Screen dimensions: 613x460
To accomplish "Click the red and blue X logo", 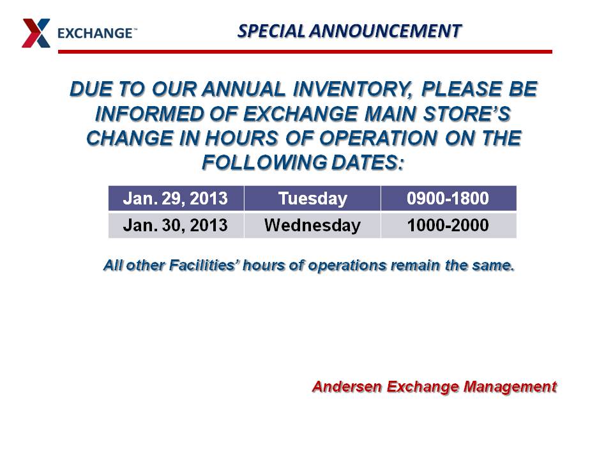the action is (36, 33).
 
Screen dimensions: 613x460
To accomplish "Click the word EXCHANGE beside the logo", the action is (96, 33).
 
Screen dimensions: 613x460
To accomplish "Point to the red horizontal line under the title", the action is (305, 52).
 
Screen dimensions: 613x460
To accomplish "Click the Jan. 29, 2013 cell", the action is (176, 198).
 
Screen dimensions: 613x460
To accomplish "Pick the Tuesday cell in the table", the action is (312, 198).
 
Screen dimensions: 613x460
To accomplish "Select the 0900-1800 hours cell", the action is (448, 198).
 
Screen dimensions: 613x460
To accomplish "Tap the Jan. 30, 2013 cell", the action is (176, 226).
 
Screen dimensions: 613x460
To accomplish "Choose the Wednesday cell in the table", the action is (312, 226).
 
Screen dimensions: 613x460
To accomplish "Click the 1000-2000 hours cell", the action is (448, 226).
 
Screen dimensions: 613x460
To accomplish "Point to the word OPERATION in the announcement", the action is (378, 138).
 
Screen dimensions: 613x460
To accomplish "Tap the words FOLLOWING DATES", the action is (303, 162).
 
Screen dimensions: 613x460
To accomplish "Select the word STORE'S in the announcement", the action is (467, 114).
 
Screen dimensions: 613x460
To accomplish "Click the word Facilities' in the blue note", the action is (204, 265).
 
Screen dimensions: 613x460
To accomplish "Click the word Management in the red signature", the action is (510, 387).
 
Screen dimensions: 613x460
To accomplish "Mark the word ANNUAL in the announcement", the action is (244, 89).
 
